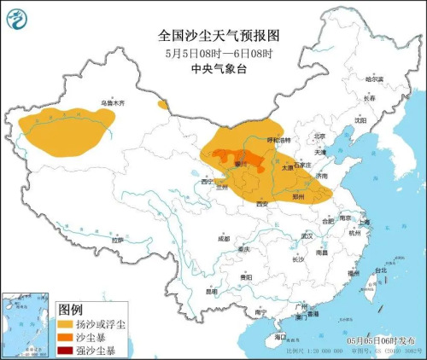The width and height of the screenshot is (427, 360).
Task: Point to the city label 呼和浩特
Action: tap(279, 140)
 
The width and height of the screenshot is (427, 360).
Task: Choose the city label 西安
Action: tap(261, 203)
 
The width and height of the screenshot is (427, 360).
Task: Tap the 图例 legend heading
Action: tap(71, 309)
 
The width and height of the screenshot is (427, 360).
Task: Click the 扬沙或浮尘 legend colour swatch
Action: tap(66, 324)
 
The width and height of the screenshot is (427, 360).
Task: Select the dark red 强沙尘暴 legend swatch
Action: tap(66, 350)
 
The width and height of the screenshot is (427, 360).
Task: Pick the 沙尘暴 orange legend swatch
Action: tap(66, 337)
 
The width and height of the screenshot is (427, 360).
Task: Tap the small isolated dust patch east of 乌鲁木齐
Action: tap(162, 105)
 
